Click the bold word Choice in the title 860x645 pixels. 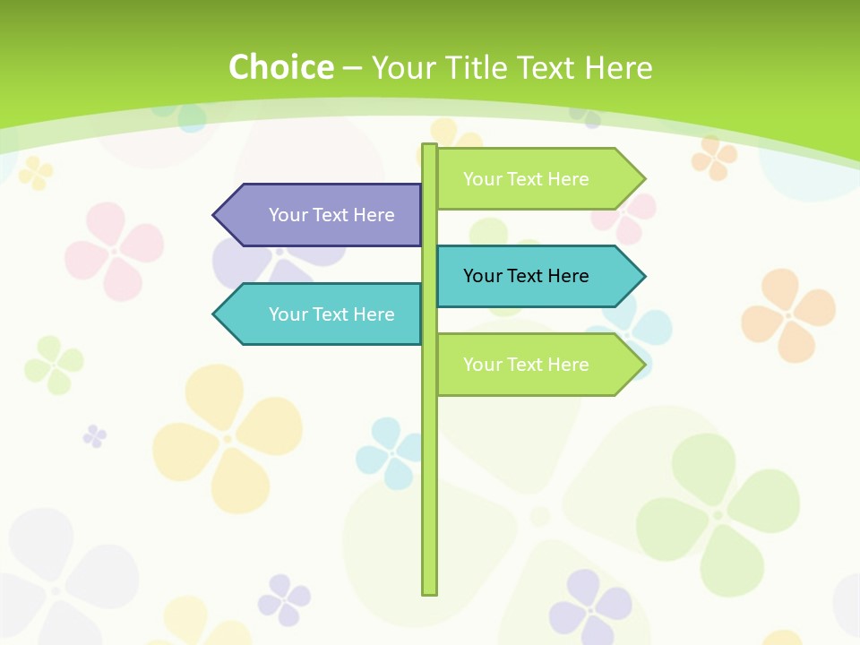[x=280, y=67]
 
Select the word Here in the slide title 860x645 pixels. [x=618, y=67]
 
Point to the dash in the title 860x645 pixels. [x=353, y=68]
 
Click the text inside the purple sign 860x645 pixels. [x=331, y=215]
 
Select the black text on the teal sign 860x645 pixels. [x=526, y=276]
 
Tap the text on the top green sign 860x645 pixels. [x=526, y=179]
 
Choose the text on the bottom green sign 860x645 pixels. [x=526, y=365]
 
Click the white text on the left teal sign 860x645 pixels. [x=331, y=314]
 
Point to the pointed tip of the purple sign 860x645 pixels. [x=215, y=215]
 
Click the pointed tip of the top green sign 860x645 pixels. [x=643, y=179]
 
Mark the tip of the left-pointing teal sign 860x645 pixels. [x=215, y=314]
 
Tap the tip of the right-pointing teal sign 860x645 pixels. [x=643, y=276]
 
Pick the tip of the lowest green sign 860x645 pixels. [x=643, y=365]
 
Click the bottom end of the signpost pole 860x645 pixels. [x=430, y=591]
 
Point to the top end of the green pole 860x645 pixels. [x=430, y=146]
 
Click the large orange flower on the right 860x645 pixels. [x=788, y=314]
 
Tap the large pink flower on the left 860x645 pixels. [x=115, y=250]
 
